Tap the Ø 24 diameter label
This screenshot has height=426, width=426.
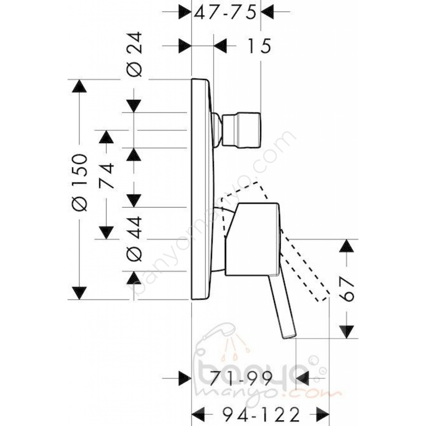pyautogui.click(x=134, y=54)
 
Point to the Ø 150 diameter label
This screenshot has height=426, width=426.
pyautogui.click(x=79, y=183)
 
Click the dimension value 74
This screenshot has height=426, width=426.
pyautogui.click(x=106, y=175)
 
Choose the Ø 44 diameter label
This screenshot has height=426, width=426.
pyautogui.click(x=134, y=239)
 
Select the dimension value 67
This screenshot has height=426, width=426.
pyautogui.click(x=346, y=290)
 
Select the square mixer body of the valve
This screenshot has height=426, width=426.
pyautogui.click(x=252, y=239)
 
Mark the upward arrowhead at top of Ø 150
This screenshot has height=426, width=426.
pyautogui.click(x=79, y=86)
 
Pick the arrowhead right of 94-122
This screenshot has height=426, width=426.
pyautogui.click(x=323, y=414)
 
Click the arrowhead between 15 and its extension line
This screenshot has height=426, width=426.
pyautogui.click(x=220, y=46)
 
